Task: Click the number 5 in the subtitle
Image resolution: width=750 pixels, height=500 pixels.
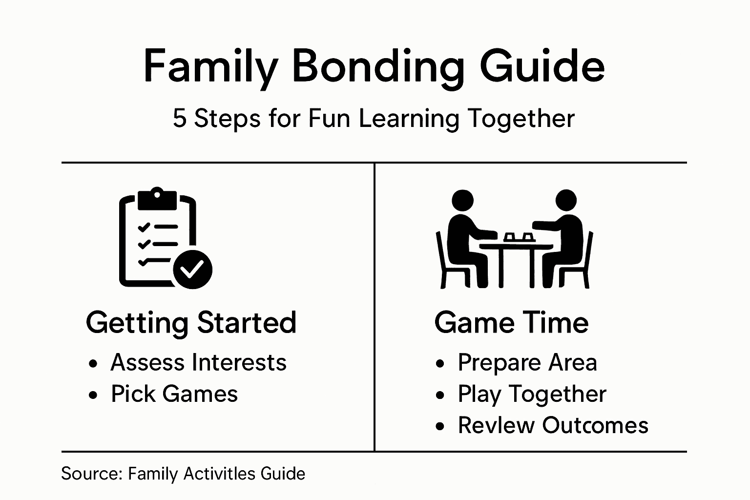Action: click(180, 119)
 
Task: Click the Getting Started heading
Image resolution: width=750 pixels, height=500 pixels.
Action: click(191, 323)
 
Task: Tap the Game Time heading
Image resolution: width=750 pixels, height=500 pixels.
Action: click(511, 323)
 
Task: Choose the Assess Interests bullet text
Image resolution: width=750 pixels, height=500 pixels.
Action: click(198, 363)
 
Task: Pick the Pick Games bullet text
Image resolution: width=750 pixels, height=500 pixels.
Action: click(174, 394)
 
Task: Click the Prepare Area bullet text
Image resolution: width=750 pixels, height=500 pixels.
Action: click(527, 363)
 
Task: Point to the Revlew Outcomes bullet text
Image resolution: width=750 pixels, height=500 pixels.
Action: click(553, 425)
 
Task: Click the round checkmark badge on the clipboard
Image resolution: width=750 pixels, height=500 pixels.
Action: click(192, 269)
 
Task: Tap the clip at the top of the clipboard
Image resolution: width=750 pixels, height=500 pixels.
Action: click(157, 198)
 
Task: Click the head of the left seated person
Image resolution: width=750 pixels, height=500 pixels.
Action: click(462, 200)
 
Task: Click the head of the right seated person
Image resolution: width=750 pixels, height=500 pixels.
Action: click(566, 200)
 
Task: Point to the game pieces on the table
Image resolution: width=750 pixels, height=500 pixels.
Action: click(518, 237)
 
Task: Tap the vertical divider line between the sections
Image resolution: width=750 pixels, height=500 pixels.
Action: click(375, 308)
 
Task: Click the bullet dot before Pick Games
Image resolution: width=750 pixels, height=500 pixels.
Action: click(93, 395)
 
